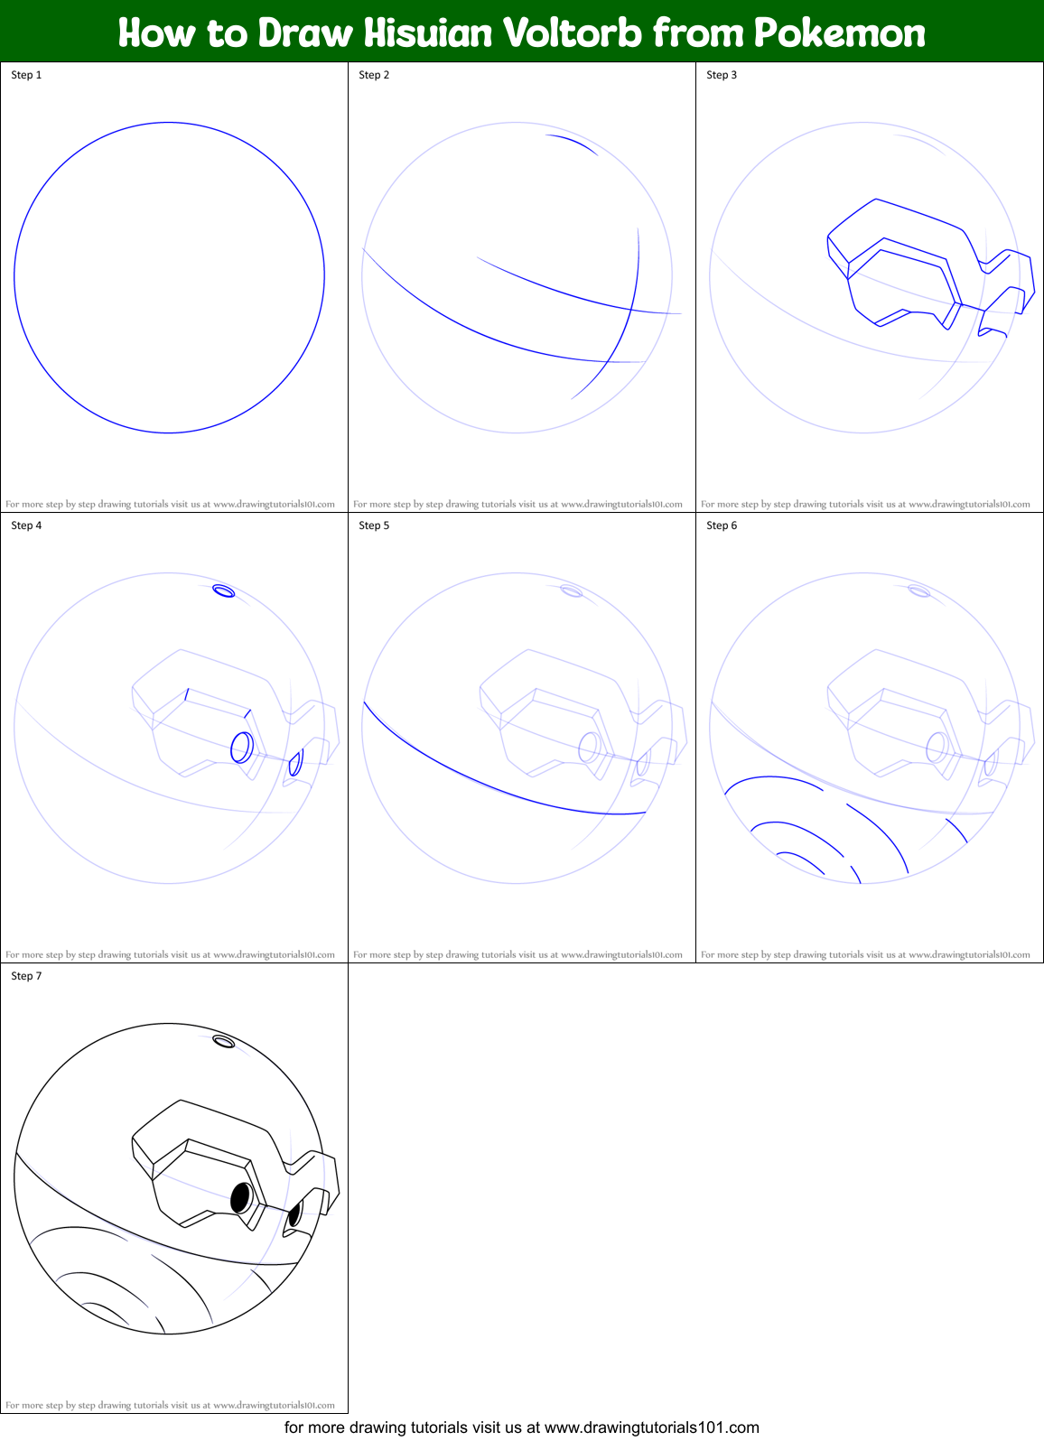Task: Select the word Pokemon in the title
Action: (839, 33)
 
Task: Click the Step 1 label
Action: (26, 75)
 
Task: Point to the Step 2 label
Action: (374, 75)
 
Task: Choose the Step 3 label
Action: (722, 75)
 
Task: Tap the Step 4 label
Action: (26, 525)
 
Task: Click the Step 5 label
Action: (374, 525)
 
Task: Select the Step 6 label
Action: (722, 525)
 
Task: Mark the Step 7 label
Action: (26, 975)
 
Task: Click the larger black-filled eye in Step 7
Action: (241, 1198)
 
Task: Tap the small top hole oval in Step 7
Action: (223, 1041)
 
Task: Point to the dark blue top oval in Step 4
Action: (223, 590)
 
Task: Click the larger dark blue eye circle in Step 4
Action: (242, 748)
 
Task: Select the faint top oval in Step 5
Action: (571, 590)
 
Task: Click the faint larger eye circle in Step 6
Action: (937, 748)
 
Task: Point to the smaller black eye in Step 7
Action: (294, 1214)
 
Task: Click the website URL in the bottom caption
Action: (651, 1427)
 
